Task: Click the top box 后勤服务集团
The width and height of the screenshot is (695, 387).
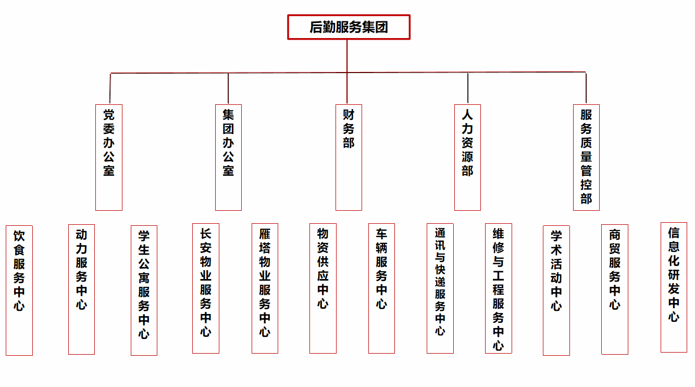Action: pos(349,27)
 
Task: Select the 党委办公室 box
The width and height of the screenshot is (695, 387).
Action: pos(109,158)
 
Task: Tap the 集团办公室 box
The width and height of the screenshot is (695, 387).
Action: pos(228,158)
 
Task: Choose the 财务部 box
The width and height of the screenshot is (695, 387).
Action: pos(349,158)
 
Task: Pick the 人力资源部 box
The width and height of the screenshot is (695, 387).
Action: pos(467,158)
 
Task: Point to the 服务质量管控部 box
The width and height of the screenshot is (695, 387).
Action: pos(587,158)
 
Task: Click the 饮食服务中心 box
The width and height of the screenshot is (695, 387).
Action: pos(19,291)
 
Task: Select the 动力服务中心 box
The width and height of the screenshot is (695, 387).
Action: pos(82,289)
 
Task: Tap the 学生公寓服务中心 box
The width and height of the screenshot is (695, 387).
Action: pos(144,291)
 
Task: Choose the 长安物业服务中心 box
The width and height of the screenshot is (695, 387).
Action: pos(206,288)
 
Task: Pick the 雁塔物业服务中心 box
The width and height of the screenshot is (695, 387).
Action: pos(265,288)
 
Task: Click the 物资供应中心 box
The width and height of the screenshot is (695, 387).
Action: pos(323,288)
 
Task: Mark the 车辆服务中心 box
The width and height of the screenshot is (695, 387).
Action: pos(382,288)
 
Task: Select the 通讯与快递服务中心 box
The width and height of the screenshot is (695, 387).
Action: pos(440,288)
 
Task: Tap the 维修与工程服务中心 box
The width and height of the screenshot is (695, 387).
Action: pos(499,288)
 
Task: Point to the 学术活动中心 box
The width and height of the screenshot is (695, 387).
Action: pos(556,291)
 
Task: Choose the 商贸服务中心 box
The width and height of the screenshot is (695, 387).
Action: pos(615,289)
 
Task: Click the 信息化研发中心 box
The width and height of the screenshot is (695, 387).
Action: pos(674,287)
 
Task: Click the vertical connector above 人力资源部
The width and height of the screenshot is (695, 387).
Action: pos(467,88)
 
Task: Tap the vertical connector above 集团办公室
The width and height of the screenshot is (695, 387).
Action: pos(228,89)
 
